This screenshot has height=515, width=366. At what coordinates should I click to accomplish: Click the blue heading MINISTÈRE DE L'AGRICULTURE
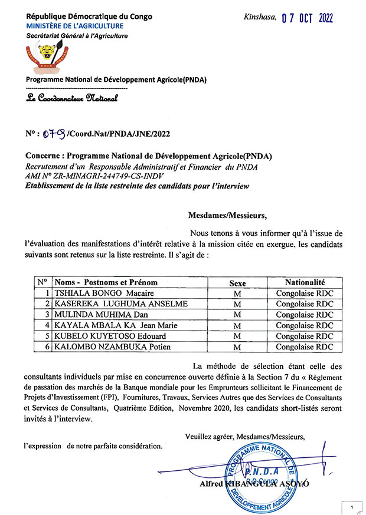click(74, 26)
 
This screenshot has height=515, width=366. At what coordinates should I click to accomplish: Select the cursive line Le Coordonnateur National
click(71, 98)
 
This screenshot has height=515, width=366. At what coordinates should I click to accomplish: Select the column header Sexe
click(237, 283)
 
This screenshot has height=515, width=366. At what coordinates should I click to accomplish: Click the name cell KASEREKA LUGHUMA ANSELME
click(120, 303)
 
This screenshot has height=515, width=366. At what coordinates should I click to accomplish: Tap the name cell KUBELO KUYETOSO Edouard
click(107, 336)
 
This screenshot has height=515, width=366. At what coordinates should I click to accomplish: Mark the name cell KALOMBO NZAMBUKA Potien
click(112, 346)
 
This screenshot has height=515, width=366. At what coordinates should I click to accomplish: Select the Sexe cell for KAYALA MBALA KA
click(237, 325)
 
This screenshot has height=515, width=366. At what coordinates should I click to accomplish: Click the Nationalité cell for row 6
click(305, 346)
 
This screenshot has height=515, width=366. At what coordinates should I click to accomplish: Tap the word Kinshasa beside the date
click(260, 17)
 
